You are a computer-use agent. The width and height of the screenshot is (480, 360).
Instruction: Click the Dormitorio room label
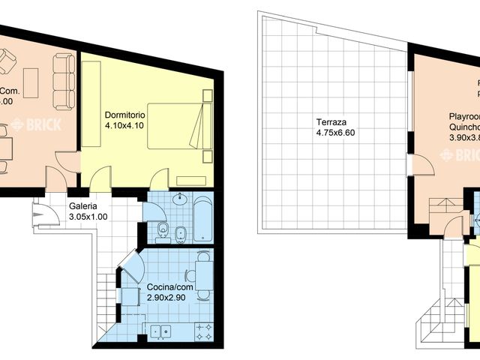click(x=124, y=115)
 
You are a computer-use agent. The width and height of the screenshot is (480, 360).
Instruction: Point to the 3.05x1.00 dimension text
click(x=88, y=217)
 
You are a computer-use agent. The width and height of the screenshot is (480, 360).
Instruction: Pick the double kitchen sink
click(x=160, y=330)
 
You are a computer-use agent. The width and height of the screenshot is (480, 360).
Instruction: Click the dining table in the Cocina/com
click(x=202, y=275)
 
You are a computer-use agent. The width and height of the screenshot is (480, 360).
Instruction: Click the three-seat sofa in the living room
click(x=64, y=81)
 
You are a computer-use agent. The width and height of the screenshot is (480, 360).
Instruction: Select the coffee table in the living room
click(x=31, y=79)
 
